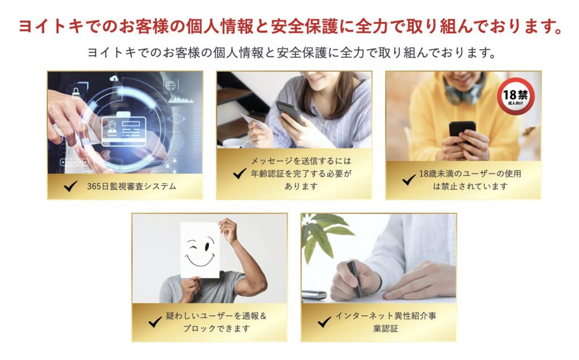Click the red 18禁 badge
515,97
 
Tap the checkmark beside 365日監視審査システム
71,186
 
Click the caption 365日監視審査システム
131,186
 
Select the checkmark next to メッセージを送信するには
240,173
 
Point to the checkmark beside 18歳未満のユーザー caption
409,180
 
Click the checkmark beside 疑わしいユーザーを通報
155,322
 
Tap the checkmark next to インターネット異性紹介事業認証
324,322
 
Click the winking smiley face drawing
200,250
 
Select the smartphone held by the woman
290,112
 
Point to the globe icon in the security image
171,86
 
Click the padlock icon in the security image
76,92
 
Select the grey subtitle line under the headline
292,53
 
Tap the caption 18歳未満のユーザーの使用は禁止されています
470,180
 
